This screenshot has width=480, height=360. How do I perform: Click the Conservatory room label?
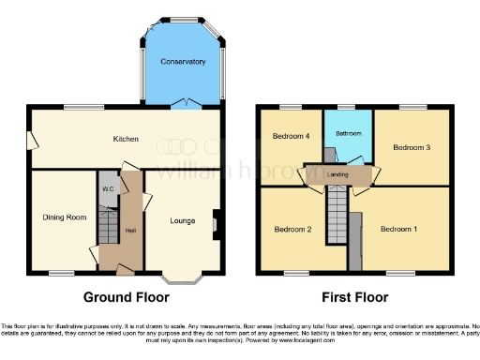pyautogui.click(x=183, y=62)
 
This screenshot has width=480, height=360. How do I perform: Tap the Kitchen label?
pyautogui.click(x=127, y=139)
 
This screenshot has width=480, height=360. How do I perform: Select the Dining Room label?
pyautogui.click(x=64, y=217)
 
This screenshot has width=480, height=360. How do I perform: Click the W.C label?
pyautogui.click(x=108, y=188)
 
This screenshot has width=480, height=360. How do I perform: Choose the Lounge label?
pyautogui.click(x=182, y=221)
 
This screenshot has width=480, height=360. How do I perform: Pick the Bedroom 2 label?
pyautogui.click(x=292, y=228)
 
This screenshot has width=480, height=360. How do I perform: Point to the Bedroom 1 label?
pyautogui.click(x=398, y=228)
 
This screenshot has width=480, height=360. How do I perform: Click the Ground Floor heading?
pyautogui.click(x=127, y=297)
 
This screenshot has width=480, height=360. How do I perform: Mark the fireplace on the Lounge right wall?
pyautogui.click(x=216, y=223)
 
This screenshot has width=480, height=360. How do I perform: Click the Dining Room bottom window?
pyautogui.click(x=63, y=273)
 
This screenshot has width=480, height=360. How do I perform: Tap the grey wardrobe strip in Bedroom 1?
pyautogui.click(x=356, y=239)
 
